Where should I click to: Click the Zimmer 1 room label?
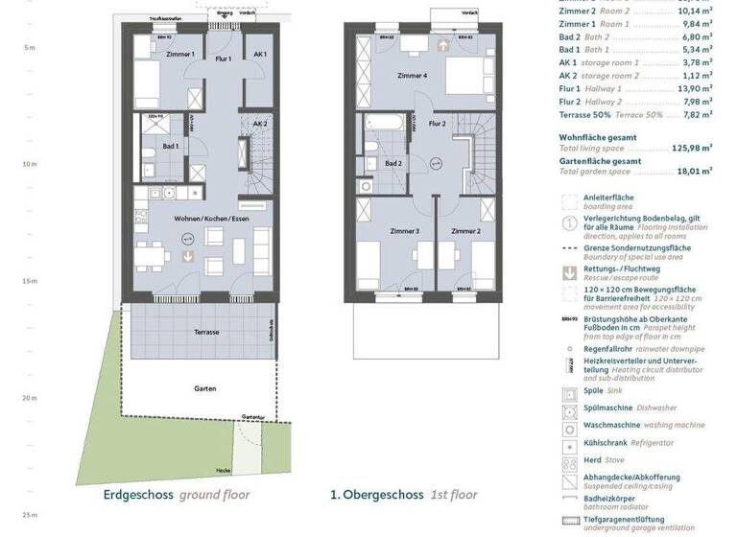point(179,55)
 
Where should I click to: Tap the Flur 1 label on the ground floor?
point(224,59)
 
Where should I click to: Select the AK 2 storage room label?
point(260,124)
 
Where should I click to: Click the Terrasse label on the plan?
point(205,332)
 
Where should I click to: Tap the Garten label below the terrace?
point(202,388)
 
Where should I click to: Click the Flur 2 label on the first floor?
point(437,124)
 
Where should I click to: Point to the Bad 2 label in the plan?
point(392,163)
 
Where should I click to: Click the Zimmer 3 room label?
point(404,231)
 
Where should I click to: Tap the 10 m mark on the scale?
point(29,164)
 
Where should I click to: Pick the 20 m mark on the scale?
point(29,398)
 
